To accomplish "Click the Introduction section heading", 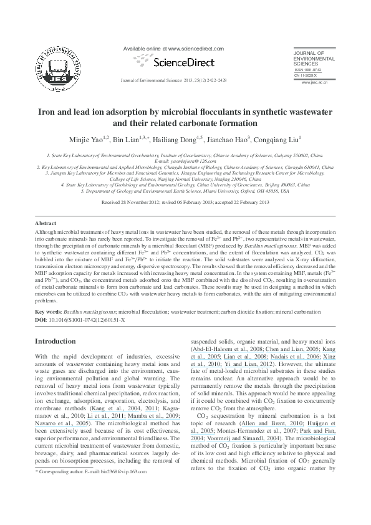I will (55, 341).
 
